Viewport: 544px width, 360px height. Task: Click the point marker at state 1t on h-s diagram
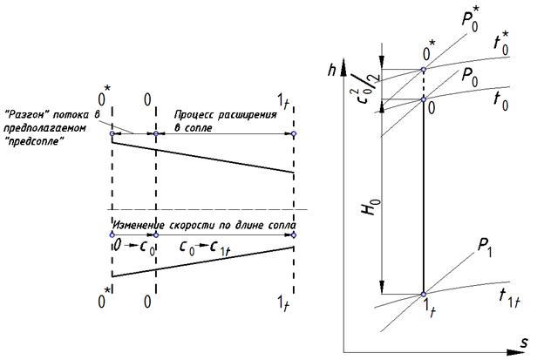coord(423,294)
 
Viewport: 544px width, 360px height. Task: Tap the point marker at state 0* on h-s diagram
coord(423,70)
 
